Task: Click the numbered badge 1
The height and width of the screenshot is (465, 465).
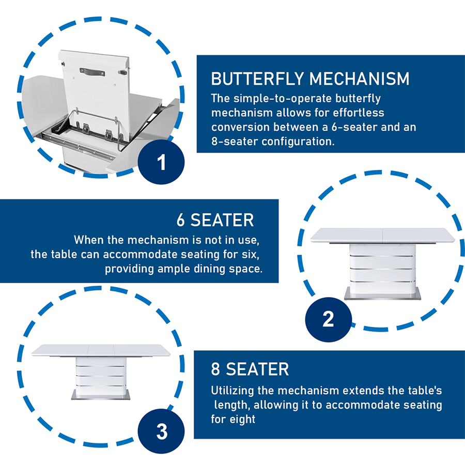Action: coord(161,162)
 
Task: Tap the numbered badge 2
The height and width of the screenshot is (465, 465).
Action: coord(328,319)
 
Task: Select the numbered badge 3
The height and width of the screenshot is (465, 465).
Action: coord(161,431)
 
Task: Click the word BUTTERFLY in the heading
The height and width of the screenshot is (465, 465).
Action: coord(257,79)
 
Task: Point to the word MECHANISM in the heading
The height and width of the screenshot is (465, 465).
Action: coord(359,79)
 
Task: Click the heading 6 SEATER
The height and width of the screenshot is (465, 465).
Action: coord(215,220)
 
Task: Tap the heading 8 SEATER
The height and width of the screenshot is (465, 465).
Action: coord(250,369)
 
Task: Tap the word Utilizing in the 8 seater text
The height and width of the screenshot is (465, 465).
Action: coord(233,391)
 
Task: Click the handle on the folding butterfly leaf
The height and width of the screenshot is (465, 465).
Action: coord(92,72)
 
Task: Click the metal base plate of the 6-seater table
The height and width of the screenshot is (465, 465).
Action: coord(382,293)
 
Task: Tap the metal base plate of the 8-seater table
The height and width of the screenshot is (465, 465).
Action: coord(101,395)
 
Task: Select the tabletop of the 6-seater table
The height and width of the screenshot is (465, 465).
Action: coord(382,235)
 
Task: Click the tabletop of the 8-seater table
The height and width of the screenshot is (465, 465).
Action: coord(101,350)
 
